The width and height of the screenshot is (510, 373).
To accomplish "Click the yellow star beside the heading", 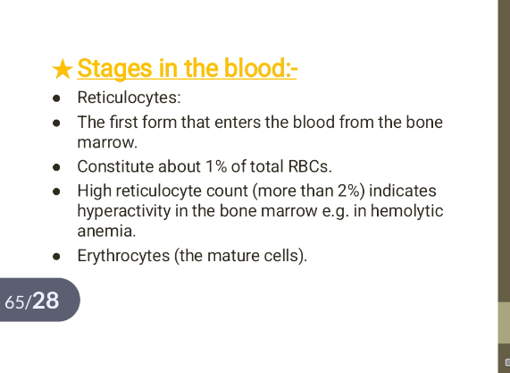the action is [x=63, y=69].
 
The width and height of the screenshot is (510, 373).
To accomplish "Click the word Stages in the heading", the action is [x=114, y=68].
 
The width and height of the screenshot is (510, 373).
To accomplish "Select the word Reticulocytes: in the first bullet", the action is [x=130, y=97].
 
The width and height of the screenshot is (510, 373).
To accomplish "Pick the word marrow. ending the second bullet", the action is [x=107, y=142].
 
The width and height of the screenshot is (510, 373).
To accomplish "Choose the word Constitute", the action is [x=115, y=166].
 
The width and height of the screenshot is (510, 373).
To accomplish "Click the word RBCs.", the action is [x=310, y=166].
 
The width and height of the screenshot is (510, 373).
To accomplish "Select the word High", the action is [x=94, y=191].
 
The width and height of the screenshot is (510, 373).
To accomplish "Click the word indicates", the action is [x=403, y=191].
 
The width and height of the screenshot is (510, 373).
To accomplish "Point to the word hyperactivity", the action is [x=124, y=211].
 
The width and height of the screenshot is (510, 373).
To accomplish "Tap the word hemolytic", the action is [x=407, y=210].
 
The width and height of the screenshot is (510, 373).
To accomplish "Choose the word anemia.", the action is [x=106, y=231].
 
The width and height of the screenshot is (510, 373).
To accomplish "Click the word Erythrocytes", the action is [x=123, y=256].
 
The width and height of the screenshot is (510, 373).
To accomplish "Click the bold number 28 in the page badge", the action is [x=46, y=301].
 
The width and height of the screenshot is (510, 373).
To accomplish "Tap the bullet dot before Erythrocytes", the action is [x=56, y=257].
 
